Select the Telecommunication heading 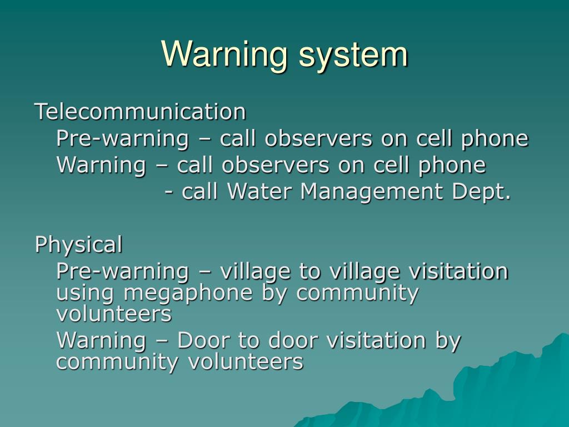coord(140,112)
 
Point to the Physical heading coord(78,244)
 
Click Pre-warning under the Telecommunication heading coord(122,139)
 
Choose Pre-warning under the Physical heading coord(122,271)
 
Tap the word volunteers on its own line coord(114,314)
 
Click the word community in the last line coord(118,362)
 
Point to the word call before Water coord(201,192)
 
